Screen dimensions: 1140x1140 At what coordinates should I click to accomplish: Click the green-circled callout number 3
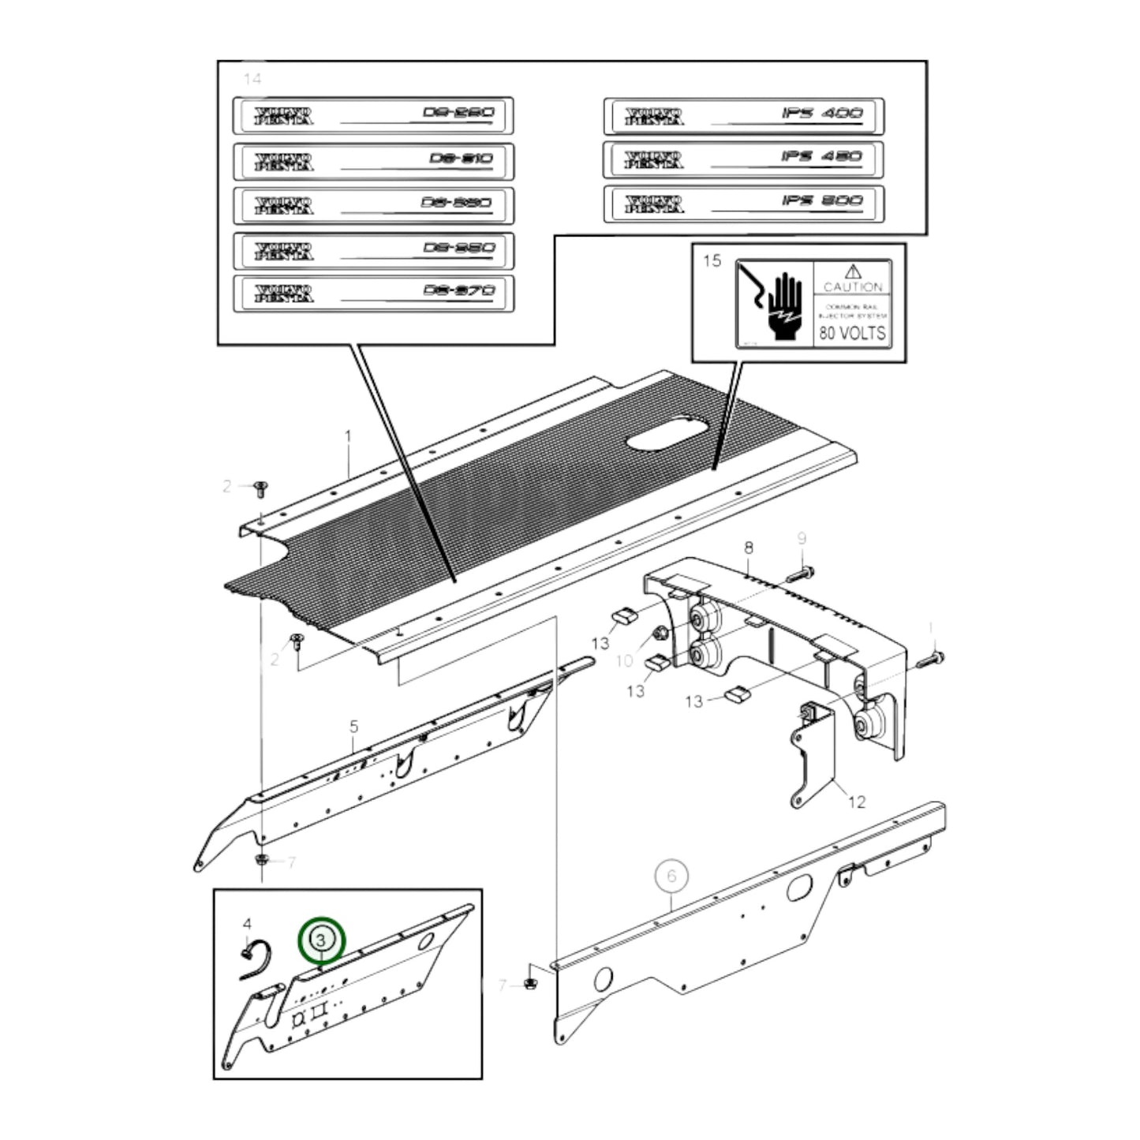pyautogui.click(x=321, y=940)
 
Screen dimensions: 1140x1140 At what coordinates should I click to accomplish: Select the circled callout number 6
pyautogui.click(x=671, y=876)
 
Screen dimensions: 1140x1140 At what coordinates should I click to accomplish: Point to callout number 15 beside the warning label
pyautogui.click(x=712, y=261)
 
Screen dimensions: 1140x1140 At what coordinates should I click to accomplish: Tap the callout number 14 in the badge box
pyautogui.click(x=252, y=79)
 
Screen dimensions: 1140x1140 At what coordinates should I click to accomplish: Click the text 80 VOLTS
pyautogui.click(x=852, y=333)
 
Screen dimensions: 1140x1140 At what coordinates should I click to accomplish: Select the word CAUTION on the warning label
pyautogui.click(x=853, y=287)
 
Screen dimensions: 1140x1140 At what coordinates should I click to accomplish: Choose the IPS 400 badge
pyautogui.click(x=744, y=117)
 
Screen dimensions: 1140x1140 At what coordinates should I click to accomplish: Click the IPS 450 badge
pyautogui.click(x=744, y=160)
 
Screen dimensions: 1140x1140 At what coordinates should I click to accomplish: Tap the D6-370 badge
pyautogui.click(x=373, y=293)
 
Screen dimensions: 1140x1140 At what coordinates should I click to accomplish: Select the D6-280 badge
pyautogui.click(x=373, y=116)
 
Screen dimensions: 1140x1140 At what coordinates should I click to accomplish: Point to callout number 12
pyautogui.click(x=857, y=802)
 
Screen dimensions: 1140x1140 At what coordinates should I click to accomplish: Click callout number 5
pyautogui.click(x=354, y=726)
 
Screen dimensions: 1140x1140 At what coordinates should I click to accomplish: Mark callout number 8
pyautogui.click(x=748, y=548)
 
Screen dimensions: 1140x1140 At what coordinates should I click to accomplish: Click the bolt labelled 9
pyautogui.click(x=801, y=571)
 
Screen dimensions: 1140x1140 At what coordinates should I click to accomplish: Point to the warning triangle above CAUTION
pyautogui.click(x=853, y=272)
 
